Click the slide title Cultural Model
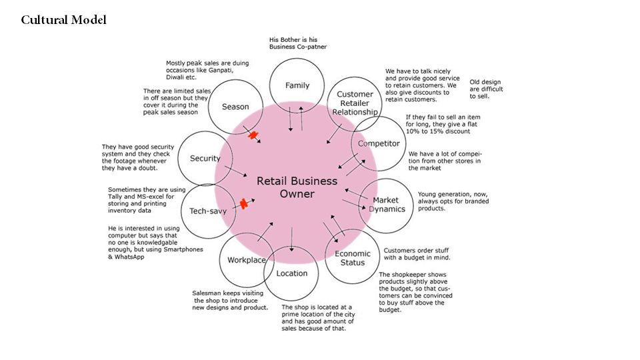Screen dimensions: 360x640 point(63,20)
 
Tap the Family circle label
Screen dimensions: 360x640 point(297,85)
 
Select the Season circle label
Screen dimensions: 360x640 point(235,107)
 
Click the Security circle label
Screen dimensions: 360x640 point(205,159)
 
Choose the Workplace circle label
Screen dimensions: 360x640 point(247,260)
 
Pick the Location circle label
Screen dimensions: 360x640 point(292,273)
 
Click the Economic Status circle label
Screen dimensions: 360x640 point(353,258)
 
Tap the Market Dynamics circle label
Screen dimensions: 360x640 point(387,205)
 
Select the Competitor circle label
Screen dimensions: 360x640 point(379,143)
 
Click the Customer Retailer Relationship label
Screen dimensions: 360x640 point(355,103)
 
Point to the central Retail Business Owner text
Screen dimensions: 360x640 point(297,187)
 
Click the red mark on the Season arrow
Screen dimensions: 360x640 point(253,135)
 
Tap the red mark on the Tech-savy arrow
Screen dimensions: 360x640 point(245,204)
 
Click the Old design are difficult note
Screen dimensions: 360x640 point(486,89)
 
